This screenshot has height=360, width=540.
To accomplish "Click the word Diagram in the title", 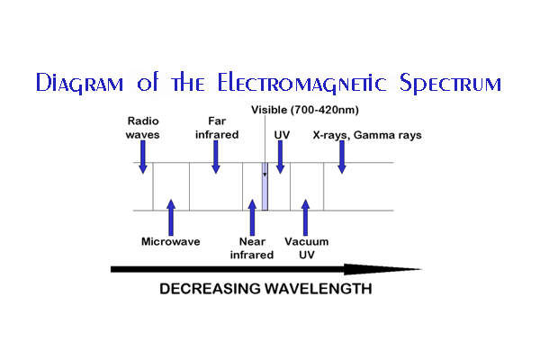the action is (79, 83).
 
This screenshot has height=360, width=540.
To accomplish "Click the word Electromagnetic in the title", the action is (301, 83).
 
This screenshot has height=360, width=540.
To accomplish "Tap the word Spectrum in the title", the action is (450, 83).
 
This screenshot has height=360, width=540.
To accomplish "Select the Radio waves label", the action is (142, 128).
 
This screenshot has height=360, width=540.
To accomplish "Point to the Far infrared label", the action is (217, 128).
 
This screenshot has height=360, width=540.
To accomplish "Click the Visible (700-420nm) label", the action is (305, 110).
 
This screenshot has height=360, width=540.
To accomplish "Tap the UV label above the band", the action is (282, 135).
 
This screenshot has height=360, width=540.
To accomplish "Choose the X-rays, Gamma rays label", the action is (367, 135).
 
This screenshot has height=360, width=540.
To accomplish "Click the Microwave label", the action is (171, 241).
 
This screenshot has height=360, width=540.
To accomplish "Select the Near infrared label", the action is (252, 248).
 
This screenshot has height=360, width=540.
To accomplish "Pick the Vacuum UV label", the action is (307, 248).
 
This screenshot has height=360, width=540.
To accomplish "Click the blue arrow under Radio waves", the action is (143, 157).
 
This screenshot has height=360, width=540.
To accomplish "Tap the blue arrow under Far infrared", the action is (216, 157).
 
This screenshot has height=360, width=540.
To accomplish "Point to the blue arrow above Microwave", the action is (171, 218).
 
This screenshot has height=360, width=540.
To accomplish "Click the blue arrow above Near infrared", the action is (252, 218).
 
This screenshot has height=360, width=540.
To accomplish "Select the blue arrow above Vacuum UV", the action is (305, 218).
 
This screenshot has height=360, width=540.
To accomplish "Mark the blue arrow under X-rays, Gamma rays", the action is (342, 157).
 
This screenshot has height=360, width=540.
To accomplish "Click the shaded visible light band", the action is (265, 186).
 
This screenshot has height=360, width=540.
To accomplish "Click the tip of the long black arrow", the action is (422, 269).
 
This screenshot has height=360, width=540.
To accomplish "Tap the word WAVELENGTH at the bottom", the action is (319, 289).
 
